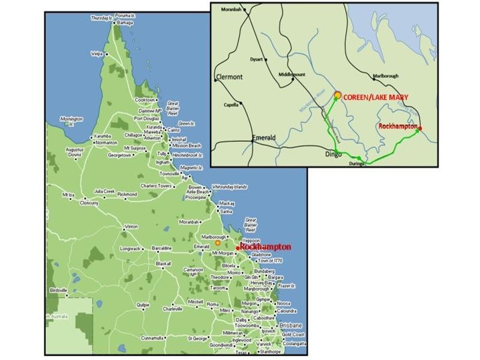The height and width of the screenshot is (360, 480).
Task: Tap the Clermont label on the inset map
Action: pyautogui.click(x=229, y=77)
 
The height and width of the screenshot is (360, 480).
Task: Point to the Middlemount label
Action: pyautogui.click(x=292, y=74)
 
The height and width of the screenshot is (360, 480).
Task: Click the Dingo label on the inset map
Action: pyautogui.click(x=332, y=154)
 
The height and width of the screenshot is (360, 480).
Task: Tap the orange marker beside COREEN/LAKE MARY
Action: pyautogui.click(x=338, y=95)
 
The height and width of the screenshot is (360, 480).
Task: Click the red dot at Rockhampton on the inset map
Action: pyautogui.click(x=420, y=128)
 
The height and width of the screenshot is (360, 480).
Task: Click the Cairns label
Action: pyautogui.click(x=175, y=130)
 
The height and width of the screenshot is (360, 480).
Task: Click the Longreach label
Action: pyautogui.click(x=130, y=248)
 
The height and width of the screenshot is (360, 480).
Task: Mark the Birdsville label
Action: pyautogui.click(x=59, y=289)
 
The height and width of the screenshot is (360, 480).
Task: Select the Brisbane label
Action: pyautogui.click(x=290, y=325)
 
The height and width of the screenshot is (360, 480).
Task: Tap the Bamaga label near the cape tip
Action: pyautogui.click(x=125, y=22)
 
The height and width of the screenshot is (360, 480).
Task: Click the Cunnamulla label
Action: pyautogui.click(x=152, y=338)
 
